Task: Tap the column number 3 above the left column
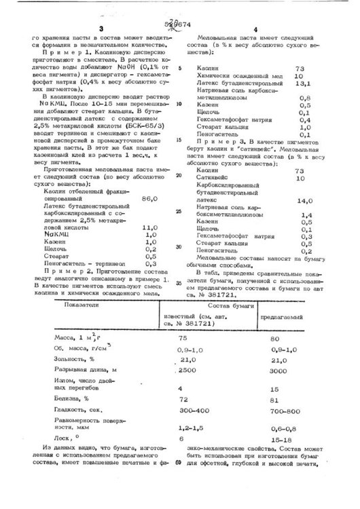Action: click(100, 28)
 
